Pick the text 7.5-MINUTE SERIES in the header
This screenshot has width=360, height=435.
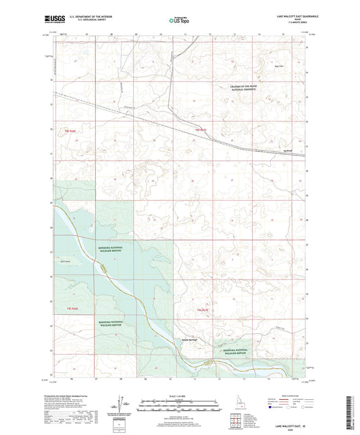tap(293, 26)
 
